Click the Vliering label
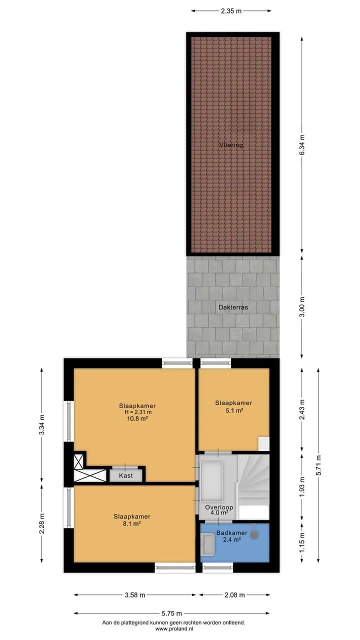point(231,145)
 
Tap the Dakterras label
point(233,307)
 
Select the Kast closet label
point(126,475)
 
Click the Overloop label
point(219,507)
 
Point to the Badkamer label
point(231,532)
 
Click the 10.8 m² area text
point(137,418)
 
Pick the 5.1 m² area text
point(233,411)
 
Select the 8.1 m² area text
point(131,523)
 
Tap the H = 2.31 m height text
point(138,412)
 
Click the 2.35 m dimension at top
point(231,11)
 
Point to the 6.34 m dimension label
point(302,145)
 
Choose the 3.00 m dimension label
point(302,307)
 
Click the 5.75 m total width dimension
point(171,613)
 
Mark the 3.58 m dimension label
point(135,595)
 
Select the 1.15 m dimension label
point(302,542)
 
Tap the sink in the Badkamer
point(207,545)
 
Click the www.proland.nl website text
point(174,628)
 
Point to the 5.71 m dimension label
point(318,465)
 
